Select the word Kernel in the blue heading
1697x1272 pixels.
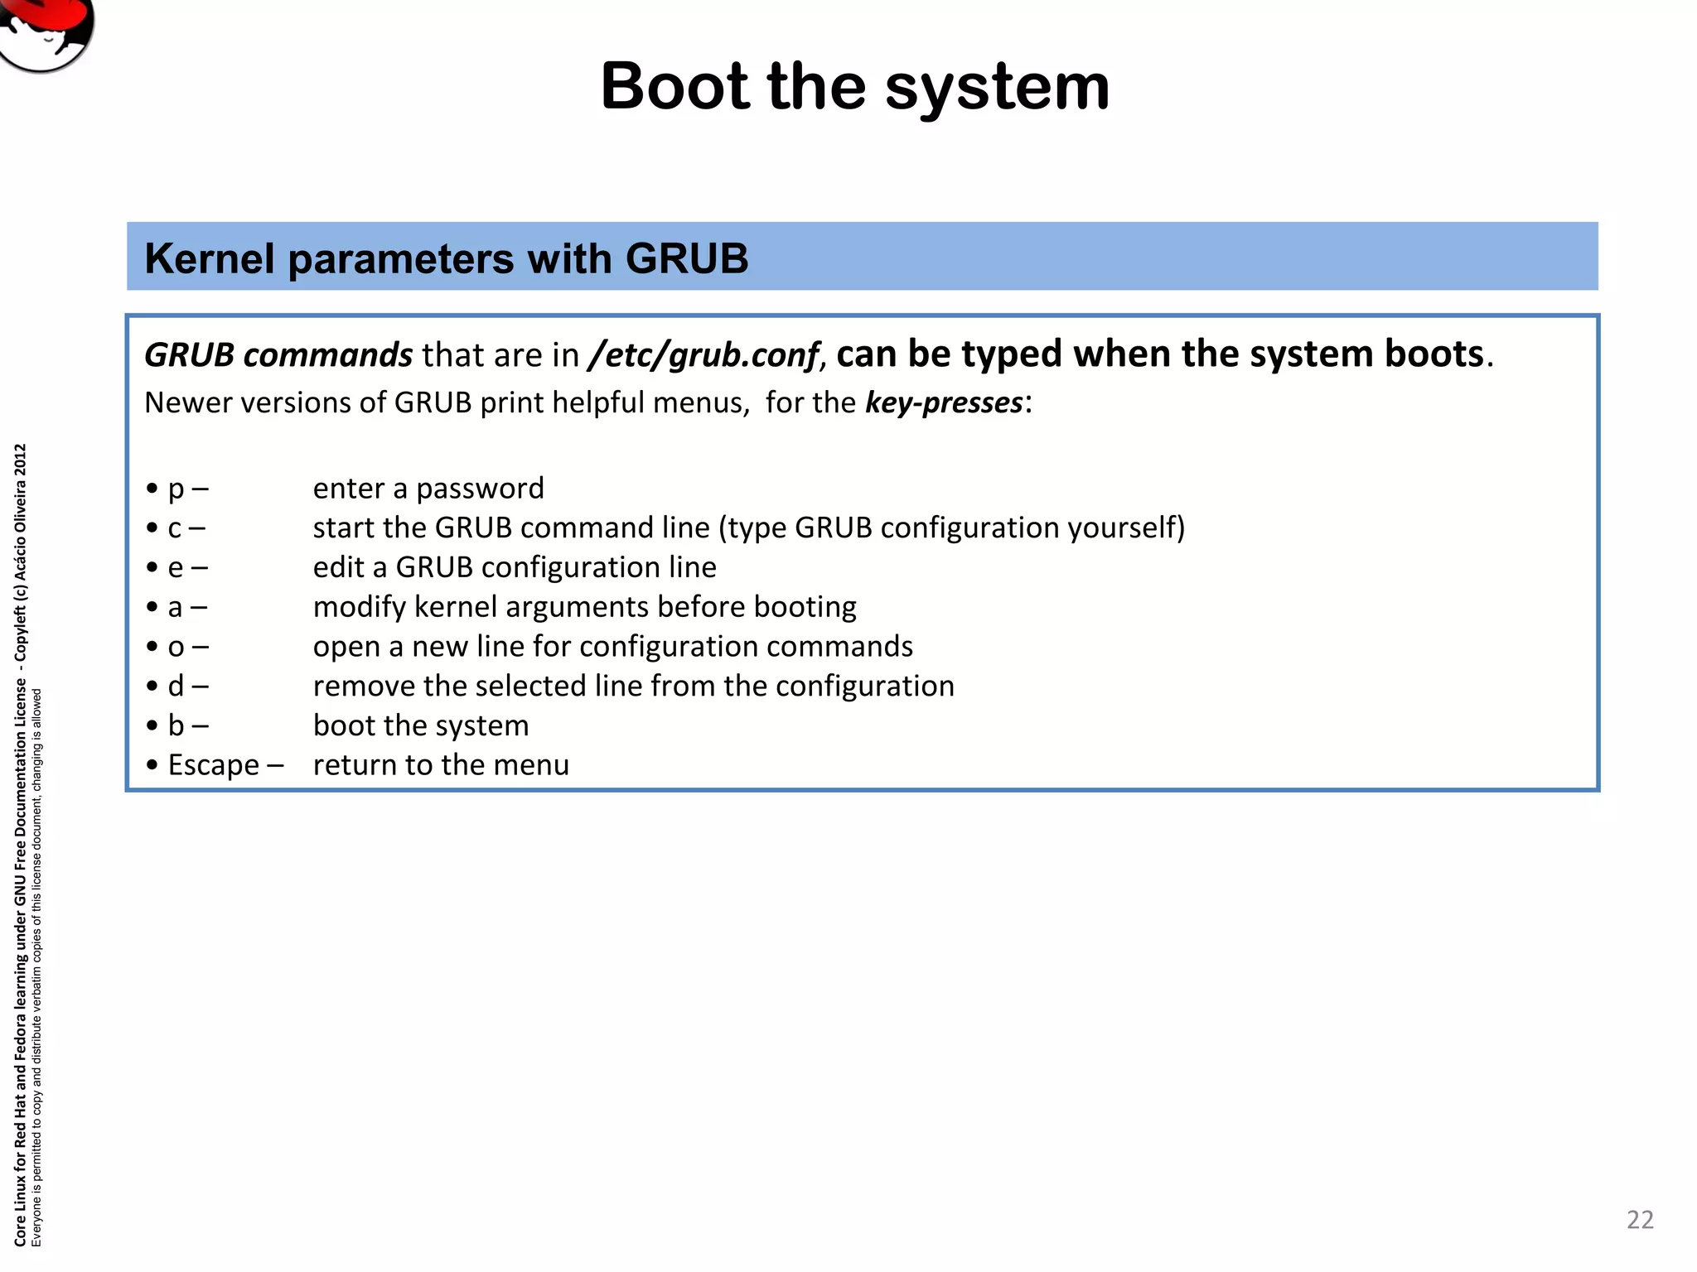tap(209, 258)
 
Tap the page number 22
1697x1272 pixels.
tap(1640, 1219)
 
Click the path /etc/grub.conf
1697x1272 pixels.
tap(703, 355)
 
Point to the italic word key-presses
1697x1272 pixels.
tap(944, 402)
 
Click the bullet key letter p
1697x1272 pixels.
tap(176, 489)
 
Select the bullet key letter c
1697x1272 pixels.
tap(175, 528)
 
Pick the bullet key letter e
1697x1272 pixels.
tap(176, 568)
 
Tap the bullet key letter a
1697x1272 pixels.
tap(175, 608)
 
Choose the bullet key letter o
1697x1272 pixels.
tap(176, 647)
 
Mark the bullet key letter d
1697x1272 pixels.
tap(176, 687)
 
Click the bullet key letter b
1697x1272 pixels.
tap(176, 726)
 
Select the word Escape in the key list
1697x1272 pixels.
tap(214, 765)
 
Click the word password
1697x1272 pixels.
tap(480, 489)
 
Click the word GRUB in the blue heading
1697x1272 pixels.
tap(687, 258)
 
